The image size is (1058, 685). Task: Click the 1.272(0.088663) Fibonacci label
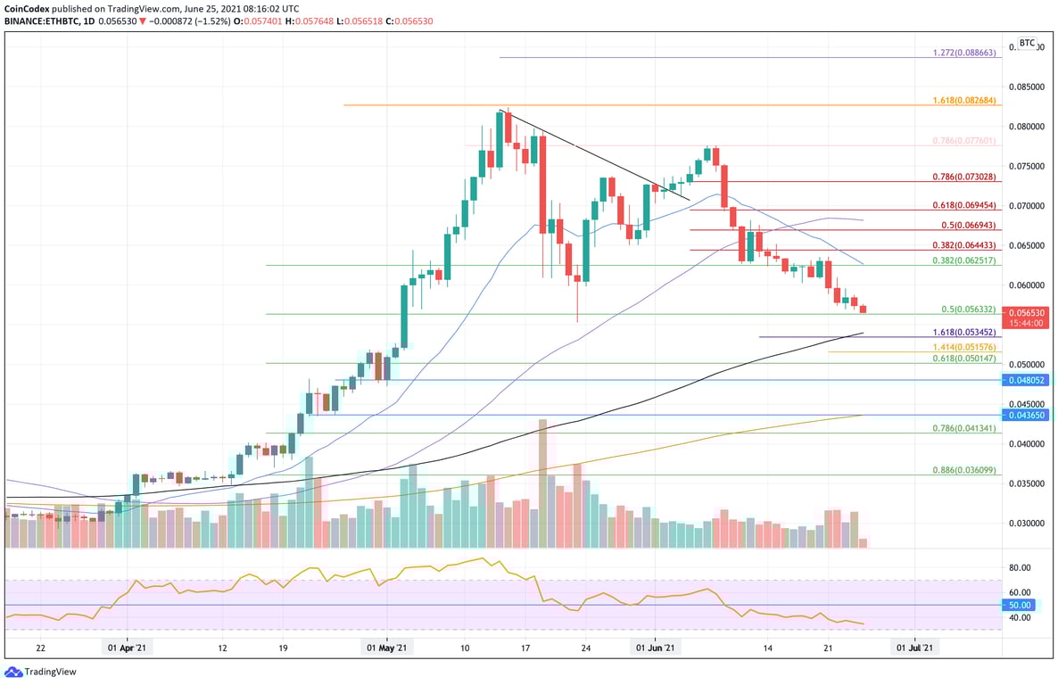pyautogui.click(x=966, y=53)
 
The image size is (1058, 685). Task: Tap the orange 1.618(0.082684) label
pyautogui.click(x=966, y=101)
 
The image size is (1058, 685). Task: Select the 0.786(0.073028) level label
pyautogui.click(x=966, y=177)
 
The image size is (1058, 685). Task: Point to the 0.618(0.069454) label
pyautogui.click(x=966, y=205)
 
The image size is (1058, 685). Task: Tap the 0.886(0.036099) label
pyautogui.click(x=966, y=470)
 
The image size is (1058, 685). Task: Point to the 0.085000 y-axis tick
pyautogui.click(x=1027, y=87)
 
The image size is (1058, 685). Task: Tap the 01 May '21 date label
pyautogui.click(x=387, y=648)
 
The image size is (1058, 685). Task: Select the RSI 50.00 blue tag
pyautogui.click(x=1020, y=605)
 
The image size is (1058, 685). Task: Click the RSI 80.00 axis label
pyautogui.click(x=1020, y=567)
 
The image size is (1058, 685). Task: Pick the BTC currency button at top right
pyautogui.click(x=1028, y=42)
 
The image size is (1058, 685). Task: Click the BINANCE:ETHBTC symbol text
pyautogui.click(x=40, y=20)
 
